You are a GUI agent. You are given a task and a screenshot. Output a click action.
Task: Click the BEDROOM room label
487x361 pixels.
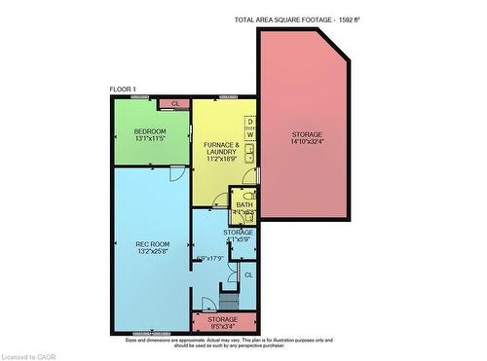tap(150, 131)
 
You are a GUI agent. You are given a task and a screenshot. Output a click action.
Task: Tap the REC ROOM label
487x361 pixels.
tap(152, 244)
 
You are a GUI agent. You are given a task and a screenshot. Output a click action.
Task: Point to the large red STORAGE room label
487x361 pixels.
tap(307, 134)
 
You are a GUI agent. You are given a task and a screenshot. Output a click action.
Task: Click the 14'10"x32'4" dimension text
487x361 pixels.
tap(307, 142)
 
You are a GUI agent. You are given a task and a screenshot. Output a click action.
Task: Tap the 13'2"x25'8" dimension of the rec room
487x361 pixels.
tap(152, 252)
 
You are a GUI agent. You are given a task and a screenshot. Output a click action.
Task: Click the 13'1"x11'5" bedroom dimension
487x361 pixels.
tap(150, 139)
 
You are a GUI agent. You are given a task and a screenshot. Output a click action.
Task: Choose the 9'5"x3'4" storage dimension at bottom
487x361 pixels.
tap(222, 327)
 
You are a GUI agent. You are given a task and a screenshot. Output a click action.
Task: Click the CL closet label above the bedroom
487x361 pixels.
tap(175, 103)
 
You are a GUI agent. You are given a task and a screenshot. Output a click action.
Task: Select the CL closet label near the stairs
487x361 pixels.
tap(248, 275)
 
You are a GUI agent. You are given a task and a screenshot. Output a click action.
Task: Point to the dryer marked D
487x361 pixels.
tap(249, 122)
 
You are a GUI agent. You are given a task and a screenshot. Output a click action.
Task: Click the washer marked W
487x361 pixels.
tap(249, 134)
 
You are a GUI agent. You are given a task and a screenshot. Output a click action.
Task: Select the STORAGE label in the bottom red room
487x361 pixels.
tap(222, 319)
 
